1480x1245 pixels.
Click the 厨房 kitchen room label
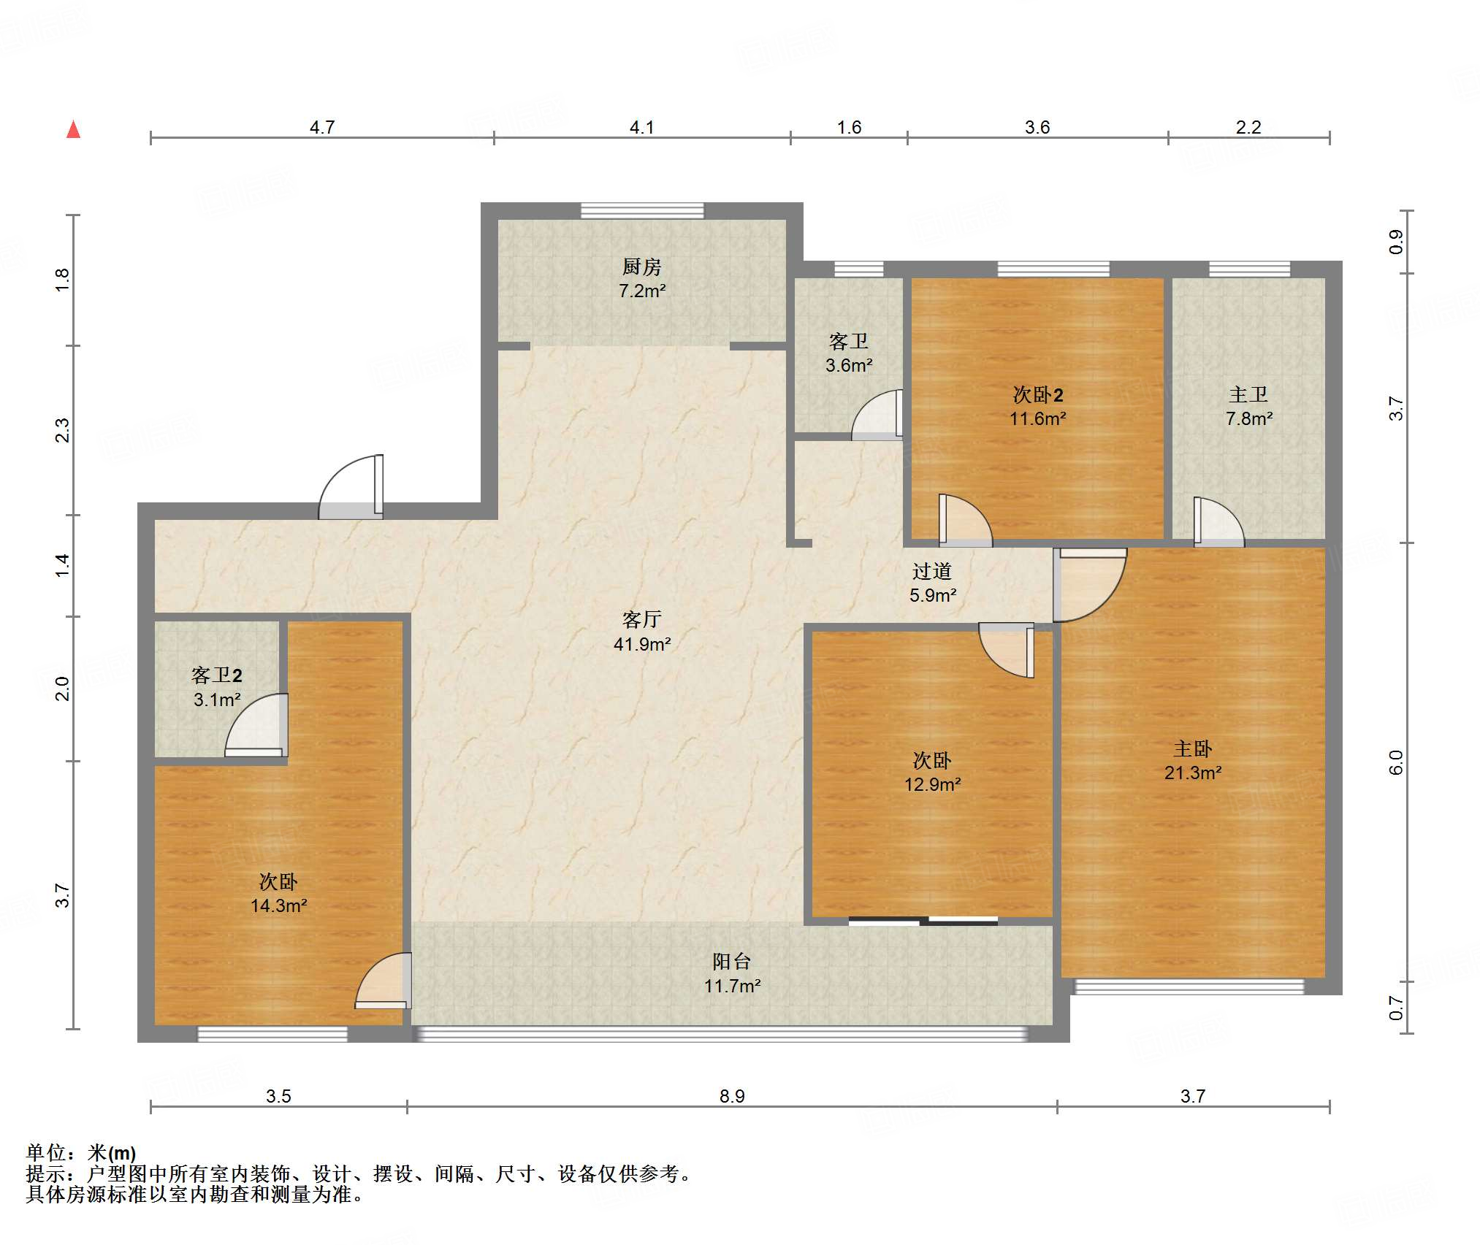click(x=641, y=267)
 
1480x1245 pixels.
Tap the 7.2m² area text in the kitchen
click(x=642, y=291)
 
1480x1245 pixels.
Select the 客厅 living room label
click(x=641, y=619)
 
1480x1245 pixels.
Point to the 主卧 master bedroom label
click(x=1192, y=748)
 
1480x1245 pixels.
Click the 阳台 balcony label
click(x=731, y=962)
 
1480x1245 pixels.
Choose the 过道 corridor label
click(x=931, y=571)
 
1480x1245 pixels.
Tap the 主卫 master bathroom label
click(x=1248, y=394)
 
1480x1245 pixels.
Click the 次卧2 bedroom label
click(x=1037, y=394)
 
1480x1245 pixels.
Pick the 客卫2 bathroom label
click(x=216, y=675)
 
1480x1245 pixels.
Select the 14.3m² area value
click(x=278, y=906)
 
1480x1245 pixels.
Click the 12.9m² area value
click(x=932, y=785)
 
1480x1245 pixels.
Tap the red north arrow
click(x=73, y=129)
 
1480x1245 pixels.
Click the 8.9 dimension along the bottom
click(x=731, y=1096)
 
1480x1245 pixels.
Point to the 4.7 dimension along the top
click(x=321, y=127)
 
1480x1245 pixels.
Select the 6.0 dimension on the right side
click(x=1395, y=762)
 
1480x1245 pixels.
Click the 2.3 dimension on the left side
click(x=62, y=430)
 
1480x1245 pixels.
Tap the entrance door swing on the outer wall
click(x=351, y=487)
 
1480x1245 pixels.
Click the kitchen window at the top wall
click(x=642, y=211)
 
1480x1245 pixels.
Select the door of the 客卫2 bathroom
click(x=256, y=725)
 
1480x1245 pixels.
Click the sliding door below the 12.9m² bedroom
click(x=923, y=921)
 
